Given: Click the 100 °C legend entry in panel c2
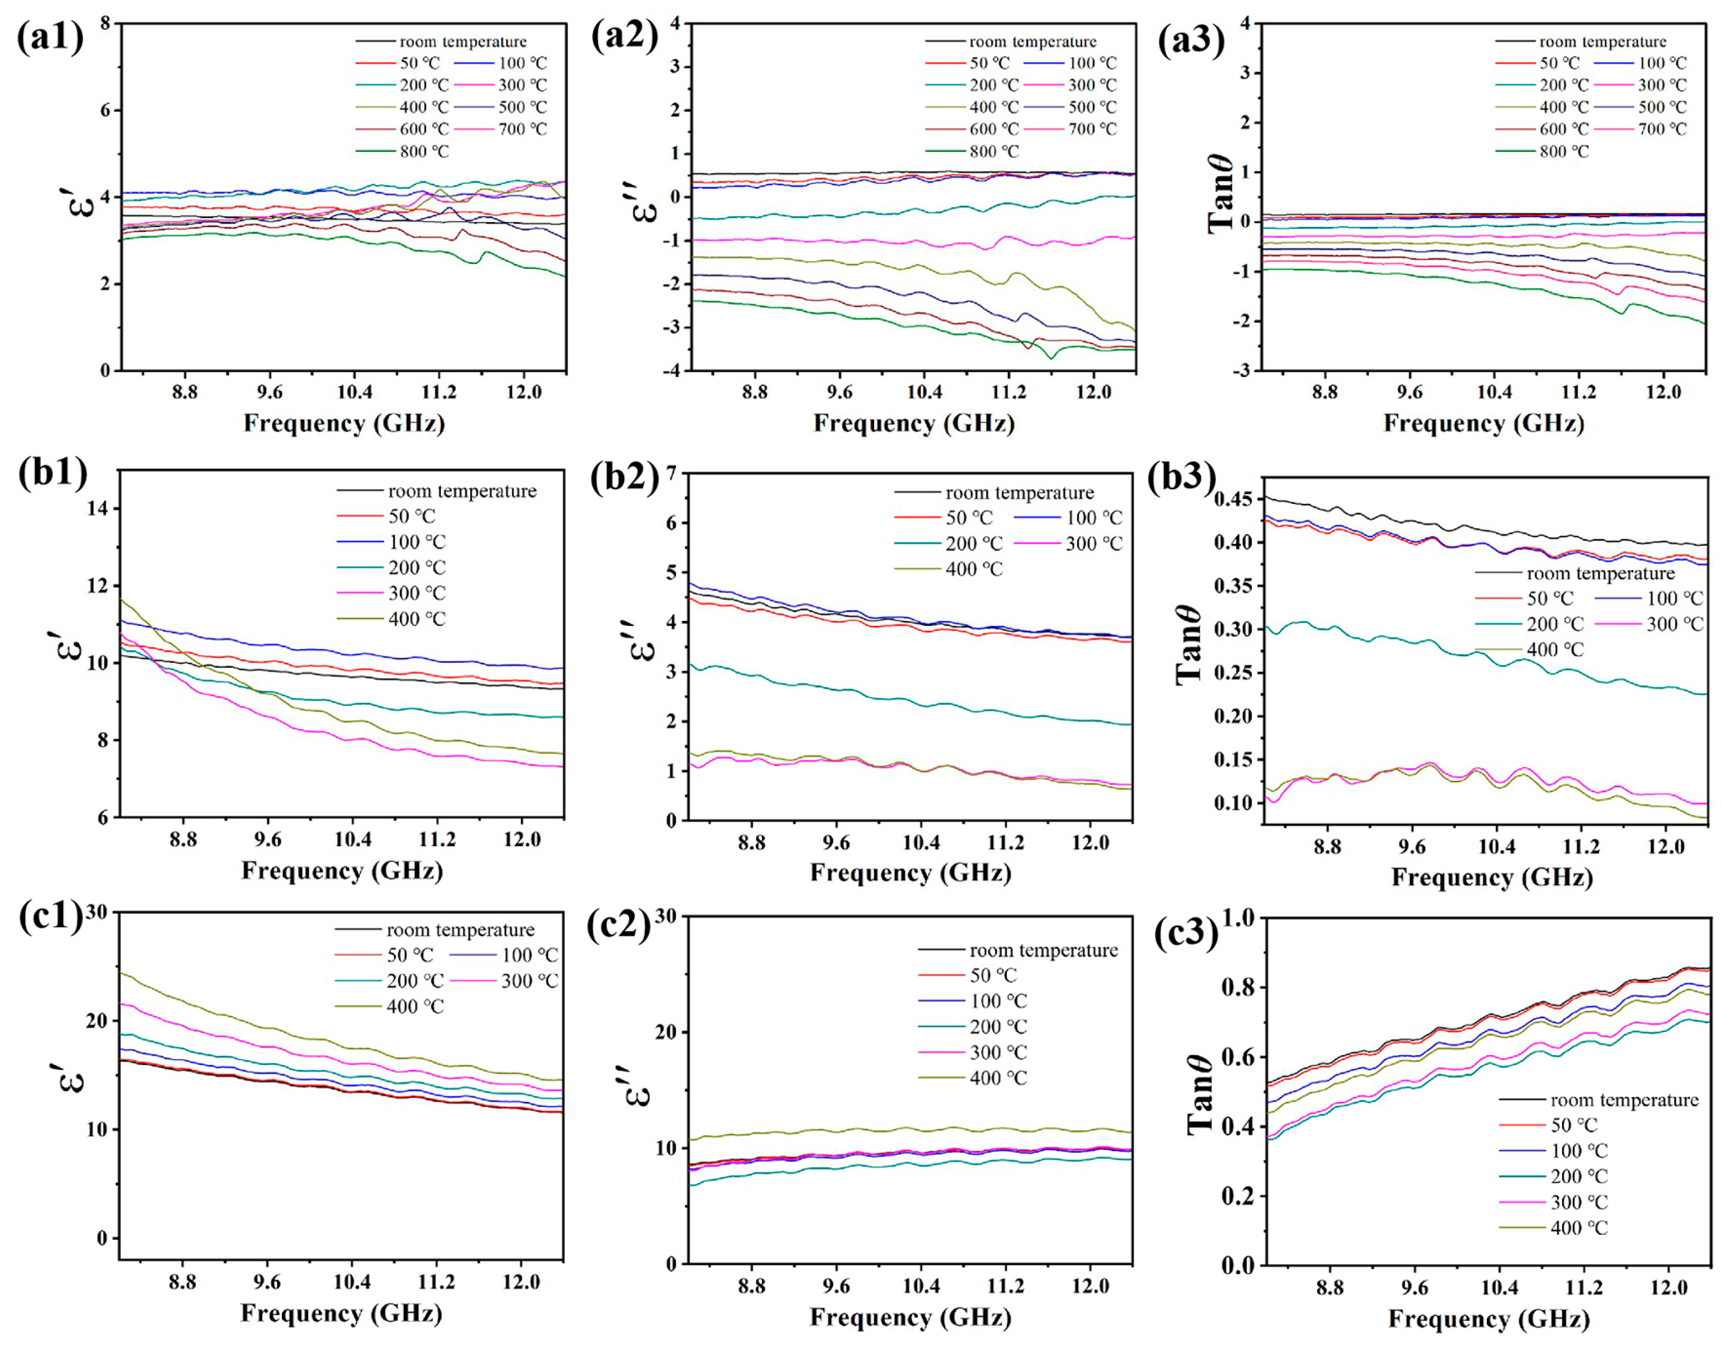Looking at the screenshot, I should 998,1001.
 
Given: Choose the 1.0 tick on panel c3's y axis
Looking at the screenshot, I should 1238,918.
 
